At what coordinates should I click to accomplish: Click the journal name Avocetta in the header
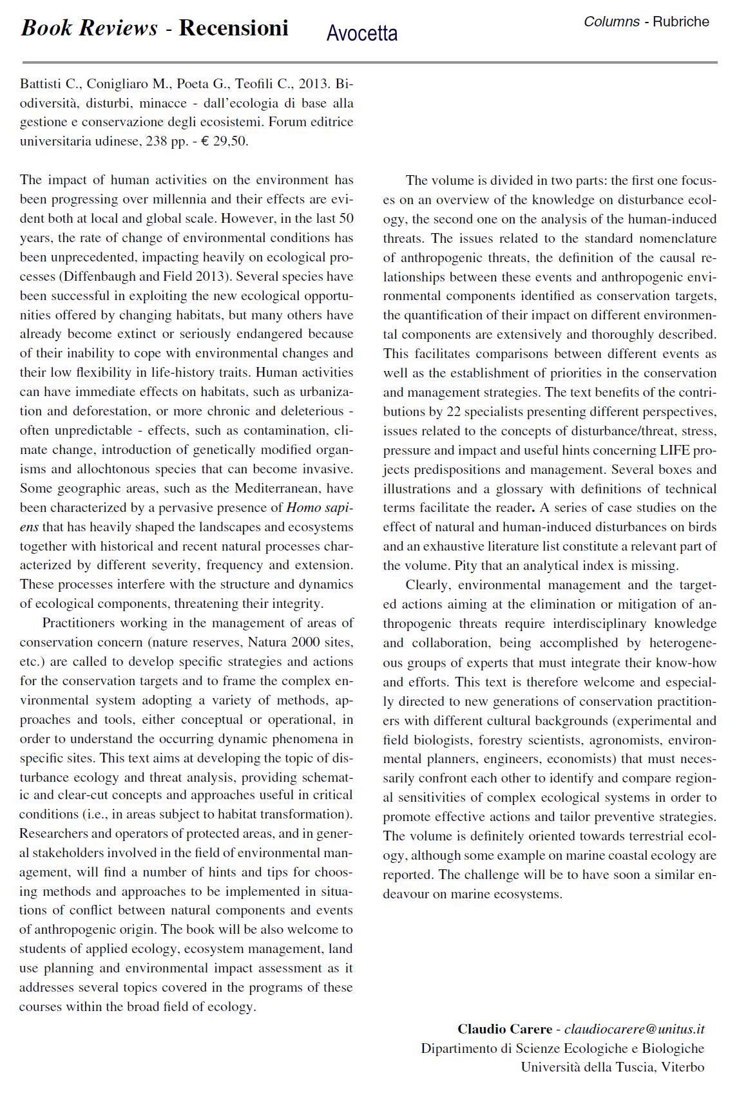pos(361,33)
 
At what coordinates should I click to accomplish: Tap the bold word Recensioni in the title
pos(233,28)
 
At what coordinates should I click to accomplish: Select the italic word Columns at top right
pos(611,22)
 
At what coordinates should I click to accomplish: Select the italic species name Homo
pos(303,507)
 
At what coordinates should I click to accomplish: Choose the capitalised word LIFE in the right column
pos(675,450)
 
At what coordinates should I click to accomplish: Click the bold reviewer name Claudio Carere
pos(504,1029)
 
